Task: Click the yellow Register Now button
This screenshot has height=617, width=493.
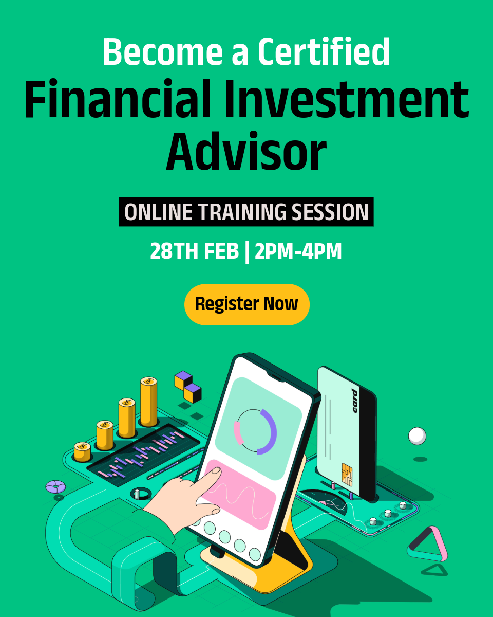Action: click(x=246, y=304)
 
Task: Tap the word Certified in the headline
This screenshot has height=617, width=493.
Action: click(x=324, y=51)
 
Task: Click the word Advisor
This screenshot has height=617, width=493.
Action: click(x=246, y=151)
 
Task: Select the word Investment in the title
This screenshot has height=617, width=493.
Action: click(x=347, y=99)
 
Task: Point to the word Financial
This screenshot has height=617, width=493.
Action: click(x=118, y=99)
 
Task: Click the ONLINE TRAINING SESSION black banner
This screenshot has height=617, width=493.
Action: click(x=246, y=212)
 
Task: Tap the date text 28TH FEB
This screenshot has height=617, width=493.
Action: click(x=195, y=251)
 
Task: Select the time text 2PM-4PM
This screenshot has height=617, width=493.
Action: click(x=298, y=251)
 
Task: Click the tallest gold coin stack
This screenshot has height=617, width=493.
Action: click(x=149, y=402)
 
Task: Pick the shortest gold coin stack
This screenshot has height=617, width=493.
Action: click(x=83, y=451)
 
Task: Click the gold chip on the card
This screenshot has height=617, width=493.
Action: click(x=347, y=474)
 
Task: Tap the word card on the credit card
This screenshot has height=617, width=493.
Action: click(x=355, y=401)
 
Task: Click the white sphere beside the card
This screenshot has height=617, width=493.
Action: click(x=417, y=436)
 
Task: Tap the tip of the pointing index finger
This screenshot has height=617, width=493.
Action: click(x=216, y=471)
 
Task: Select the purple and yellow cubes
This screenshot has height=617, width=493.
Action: click(x=188, y=387)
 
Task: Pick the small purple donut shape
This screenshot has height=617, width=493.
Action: click(x=55, y=487)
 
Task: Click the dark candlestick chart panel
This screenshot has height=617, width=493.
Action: click(x=143, y=455)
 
